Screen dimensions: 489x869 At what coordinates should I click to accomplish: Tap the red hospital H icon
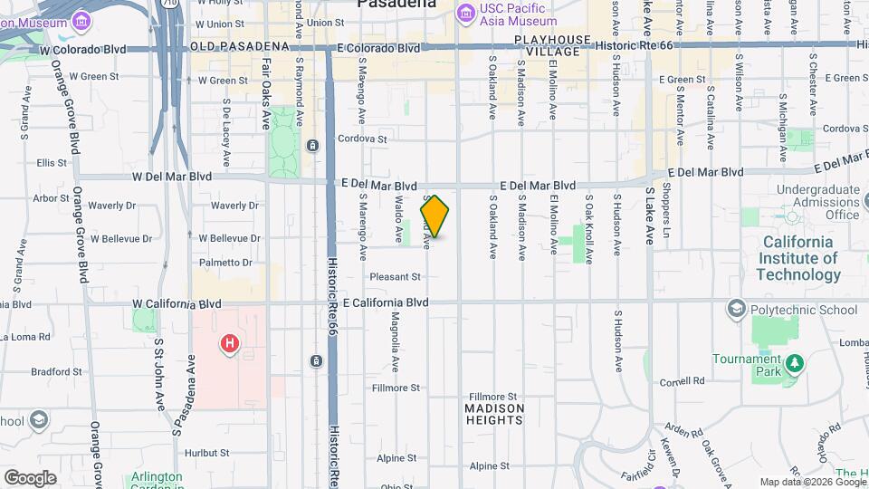230,343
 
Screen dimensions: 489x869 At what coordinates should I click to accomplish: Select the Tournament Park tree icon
795,363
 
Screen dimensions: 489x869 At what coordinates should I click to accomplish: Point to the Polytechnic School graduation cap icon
736,310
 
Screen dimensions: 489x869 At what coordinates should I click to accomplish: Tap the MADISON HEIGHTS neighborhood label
494,414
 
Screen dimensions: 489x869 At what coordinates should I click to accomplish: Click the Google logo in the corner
30,477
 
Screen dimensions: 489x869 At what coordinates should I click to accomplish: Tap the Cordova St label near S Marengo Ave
362,139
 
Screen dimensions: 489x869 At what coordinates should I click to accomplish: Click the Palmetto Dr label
225,263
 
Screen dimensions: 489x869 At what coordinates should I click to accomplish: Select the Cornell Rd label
682,382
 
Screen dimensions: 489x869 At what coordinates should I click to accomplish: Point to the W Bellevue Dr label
230,238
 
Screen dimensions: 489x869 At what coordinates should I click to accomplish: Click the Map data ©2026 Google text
812,482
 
